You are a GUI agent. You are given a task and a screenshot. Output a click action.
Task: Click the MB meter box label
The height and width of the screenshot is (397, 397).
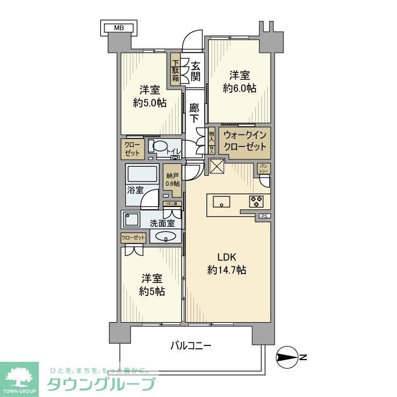pos(118,27)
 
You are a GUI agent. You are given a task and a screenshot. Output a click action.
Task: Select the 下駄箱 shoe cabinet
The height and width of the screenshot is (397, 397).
pos(176,70)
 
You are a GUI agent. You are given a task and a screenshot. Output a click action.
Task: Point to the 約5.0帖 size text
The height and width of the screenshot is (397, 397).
pos(150,103)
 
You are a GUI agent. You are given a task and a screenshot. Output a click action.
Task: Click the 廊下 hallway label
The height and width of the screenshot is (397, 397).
pos(195,113)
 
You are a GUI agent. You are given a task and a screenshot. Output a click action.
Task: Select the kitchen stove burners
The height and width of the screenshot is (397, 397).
pos(255,201)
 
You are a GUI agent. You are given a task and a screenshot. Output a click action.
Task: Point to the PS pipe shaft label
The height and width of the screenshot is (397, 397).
pos(263,216)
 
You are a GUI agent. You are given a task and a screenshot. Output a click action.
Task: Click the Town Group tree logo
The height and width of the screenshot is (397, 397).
pos(19,377)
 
